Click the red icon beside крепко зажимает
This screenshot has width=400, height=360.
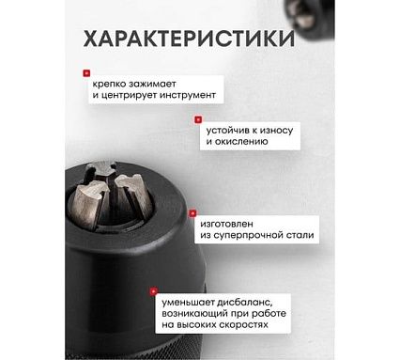pos(86,71)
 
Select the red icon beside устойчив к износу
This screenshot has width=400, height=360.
pos(198,119)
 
